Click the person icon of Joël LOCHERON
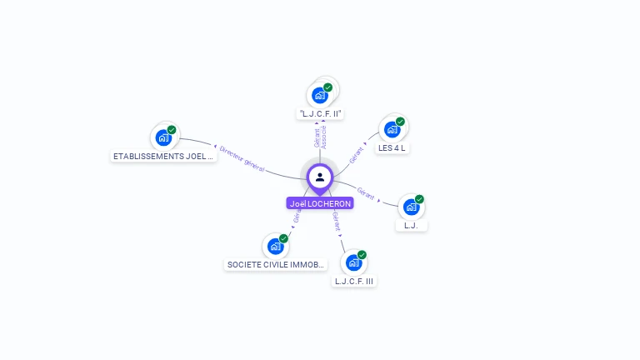point(320,177)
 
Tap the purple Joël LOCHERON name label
point(320,203)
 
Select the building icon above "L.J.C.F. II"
point(319,95)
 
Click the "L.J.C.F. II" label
point(321,113)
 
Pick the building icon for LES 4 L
point(392,130)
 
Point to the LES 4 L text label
point(392,148)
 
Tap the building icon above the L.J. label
point(411,207)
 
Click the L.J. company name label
point(410,225)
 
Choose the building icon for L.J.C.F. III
point(353,262)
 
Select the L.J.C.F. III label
point(355,282)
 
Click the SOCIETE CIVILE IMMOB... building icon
point(275,247)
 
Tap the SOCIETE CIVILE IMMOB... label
point(276,265)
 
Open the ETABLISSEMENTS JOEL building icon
point(163,137)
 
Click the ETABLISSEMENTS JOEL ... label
point(164,156)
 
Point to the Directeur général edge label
point(242,160)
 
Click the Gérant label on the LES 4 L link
point(356,152)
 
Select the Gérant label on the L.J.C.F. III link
point(336,221)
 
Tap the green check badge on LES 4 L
point(400,122)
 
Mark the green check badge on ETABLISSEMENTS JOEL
point(172,129)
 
